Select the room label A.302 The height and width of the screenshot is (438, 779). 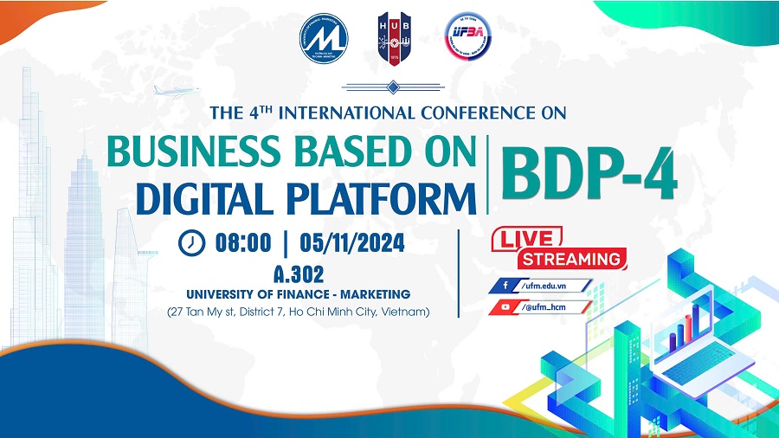[299, 274]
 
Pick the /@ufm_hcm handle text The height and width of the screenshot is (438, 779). [549, 306]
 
